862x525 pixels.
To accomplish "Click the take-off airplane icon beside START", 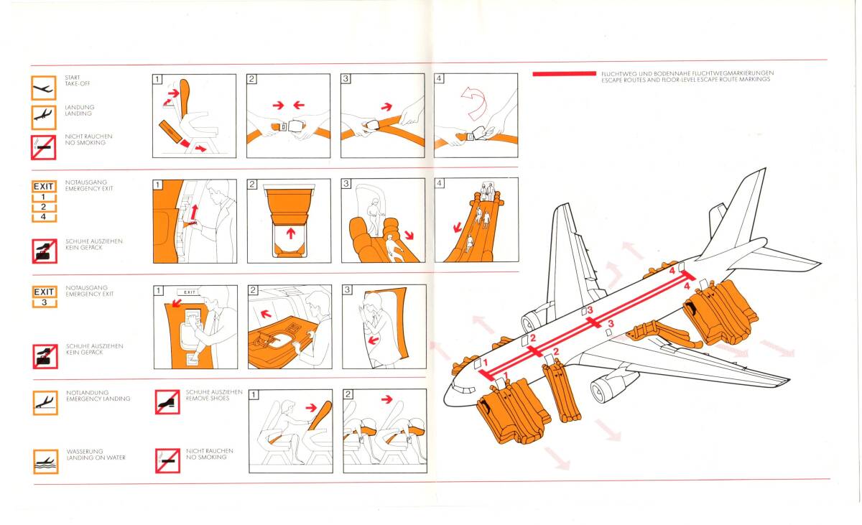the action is click(44, 88).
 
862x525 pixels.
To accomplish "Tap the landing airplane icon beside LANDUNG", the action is click(44, 117).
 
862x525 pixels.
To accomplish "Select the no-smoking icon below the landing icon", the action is click(44, 147).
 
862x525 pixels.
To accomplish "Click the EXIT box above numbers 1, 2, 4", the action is click(44, 187).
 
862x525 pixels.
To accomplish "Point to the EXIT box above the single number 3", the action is click(45, 292).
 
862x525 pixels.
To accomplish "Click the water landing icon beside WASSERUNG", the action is click(46, 462).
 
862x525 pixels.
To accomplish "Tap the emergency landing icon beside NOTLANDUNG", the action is click(45, 403).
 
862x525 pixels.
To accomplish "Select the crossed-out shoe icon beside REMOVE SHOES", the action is click(167, 402).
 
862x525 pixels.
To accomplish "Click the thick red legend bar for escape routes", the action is click(564, 73).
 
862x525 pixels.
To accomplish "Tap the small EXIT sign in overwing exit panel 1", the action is click(189, 292).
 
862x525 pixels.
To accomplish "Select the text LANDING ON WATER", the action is click(96, 457).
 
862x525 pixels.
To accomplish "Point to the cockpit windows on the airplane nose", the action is click(465, 389).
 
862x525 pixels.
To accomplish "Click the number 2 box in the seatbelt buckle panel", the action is click(251, 79).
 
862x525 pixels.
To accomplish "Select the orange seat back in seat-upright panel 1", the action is click(185, 98).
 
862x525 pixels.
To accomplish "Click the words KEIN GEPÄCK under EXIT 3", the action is click(84, 353).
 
